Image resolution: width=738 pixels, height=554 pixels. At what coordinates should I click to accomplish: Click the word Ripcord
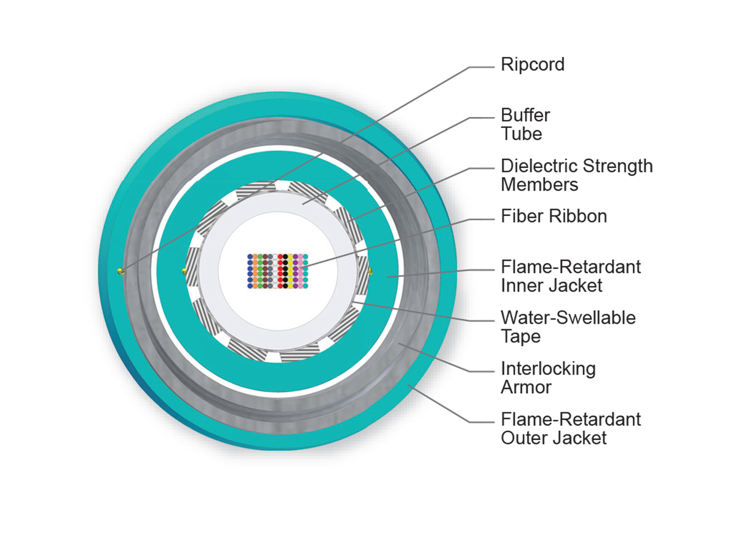[x=532, y=65]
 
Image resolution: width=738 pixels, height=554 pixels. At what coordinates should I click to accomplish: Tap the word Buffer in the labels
[x=525, y=115]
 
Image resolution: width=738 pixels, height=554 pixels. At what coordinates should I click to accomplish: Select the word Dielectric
[x=539, y=166]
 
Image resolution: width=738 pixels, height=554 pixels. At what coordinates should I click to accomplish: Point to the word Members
[x=539, y=184]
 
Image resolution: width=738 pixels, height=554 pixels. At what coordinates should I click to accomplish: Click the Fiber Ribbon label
[x=553, y=217]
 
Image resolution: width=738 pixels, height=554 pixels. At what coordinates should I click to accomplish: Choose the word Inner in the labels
[x=521, y=286]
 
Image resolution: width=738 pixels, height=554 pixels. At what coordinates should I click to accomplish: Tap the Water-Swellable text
[x=568, y=318]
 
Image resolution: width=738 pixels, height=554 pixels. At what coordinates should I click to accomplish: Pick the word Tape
[x=520, y=336]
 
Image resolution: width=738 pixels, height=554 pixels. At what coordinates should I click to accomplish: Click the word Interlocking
[x=548, y=369]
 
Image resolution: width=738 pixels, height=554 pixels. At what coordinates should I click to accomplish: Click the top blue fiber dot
[x=250, y=256]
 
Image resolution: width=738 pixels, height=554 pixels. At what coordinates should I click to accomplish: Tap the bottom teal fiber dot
[x=305, y=285]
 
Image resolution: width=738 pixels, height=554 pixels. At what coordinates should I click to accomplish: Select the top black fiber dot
[x=285, y=256]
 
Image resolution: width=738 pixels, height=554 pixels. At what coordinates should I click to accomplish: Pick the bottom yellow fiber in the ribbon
[x=290, y=285]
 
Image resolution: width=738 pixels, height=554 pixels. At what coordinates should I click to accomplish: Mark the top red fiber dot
[x=280, y=256]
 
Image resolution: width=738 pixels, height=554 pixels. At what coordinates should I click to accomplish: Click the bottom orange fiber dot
[x=255, y=285]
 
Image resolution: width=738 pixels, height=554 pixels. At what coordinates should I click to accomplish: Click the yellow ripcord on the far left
[x=121, y=271]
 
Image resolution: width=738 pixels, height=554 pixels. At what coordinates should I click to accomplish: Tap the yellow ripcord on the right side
[x=370, y=271]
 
